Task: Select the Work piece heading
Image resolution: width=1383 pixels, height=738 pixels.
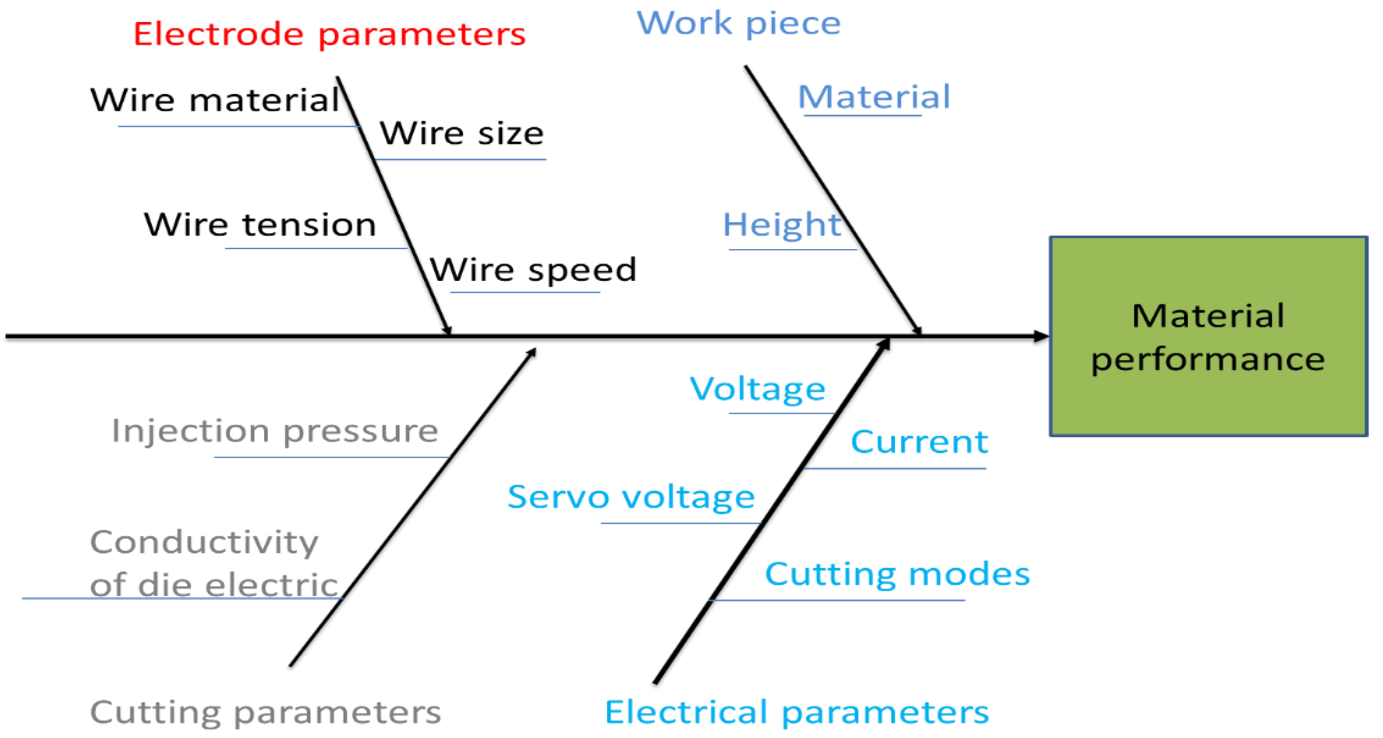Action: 738,24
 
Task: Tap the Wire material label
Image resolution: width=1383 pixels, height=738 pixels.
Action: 215,100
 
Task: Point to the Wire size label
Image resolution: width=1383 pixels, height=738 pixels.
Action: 462,134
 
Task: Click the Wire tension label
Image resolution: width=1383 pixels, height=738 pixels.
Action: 260,224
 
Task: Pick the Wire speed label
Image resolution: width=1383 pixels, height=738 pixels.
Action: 533,270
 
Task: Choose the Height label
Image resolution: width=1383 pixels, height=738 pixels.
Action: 782,225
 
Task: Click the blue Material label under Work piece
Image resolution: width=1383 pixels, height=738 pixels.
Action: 873,98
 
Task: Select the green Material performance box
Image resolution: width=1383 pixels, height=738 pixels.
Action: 1208,336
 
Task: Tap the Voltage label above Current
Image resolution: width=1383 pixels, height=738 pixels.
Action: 757,389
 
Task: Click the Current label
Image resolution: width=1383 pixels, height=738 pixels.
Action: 919,443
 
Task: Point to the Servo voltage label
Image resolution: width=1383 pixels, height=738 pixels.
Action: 631,497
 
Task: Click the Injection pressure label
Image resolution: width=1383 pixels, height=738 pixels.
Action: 275,432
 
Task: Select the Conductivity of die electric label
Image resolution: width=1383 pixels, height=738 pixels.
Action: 214,563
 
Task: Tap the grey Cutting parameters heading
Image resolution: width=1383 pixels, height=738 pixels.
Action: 265,713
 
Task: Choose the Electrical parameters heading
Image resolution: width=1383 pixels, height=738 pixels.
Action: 797,713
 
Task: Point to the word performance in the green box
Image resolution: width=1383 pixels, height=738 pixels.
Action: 1208,360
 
